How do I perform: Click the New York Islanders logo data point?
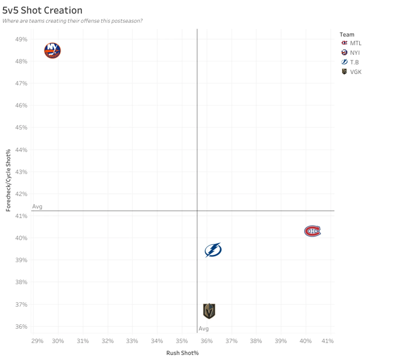[52, 51]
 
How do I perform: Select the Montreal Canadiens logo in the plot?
[312, 231]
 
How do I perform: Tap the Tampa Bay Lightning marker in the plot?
[213, 250]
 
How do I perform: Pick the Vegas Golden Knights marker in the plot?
[209, 311]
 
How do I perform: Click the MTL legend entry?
[351, 43]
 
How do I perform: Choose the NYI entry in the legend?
[351, 53]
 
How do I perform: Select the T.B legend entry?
[350, 62]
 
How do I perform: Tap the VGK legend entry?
[351, 72]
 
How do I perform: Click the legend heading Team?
[347, 35]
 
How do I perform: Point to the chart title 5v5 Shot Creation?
[42, 10]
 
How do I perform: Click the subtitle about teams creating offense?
[72, 21]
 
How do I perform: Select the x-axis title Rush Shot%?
[182, 353]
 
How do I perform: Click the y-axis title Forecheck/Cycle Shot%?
[8, 180]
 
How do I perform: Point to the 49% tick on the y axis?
[21, 39]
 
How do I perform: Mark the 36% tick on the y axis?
[21, 326]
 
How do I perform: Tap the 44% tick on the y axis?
[21, 150]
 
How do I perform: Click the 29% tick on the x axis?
[37, 341]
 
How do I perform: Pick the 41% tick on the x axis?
[327, 341]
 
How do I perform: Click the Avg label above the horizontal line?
[37, 206]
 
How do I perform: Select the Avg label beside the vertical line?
[204, 329]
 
